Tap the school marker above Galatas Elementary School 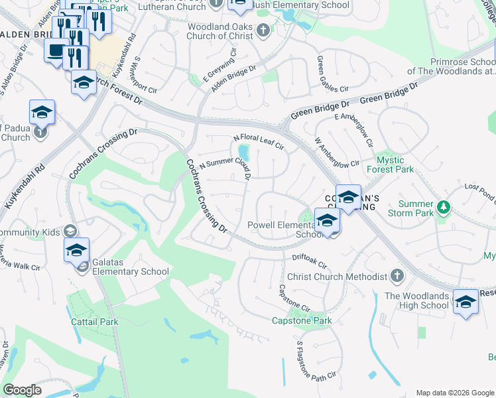click(77, 251)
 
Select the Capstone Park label click(302, 321)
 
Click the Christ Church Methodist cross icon click(397, 275)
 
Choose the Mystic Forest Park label click(395, 165)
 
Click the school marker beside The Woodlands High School click(466, 302)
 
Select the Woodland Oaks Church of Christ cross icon click(263, 31)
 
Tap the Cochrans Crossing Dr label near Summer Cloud click(206, 195)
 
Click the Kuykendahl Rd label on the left click(23, 187)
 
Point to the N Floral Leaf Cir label click(258, 143)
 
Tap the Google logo click(22, 390)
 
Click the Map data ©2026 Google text click(454, 393)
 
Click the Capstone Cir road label click(294, 299)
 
